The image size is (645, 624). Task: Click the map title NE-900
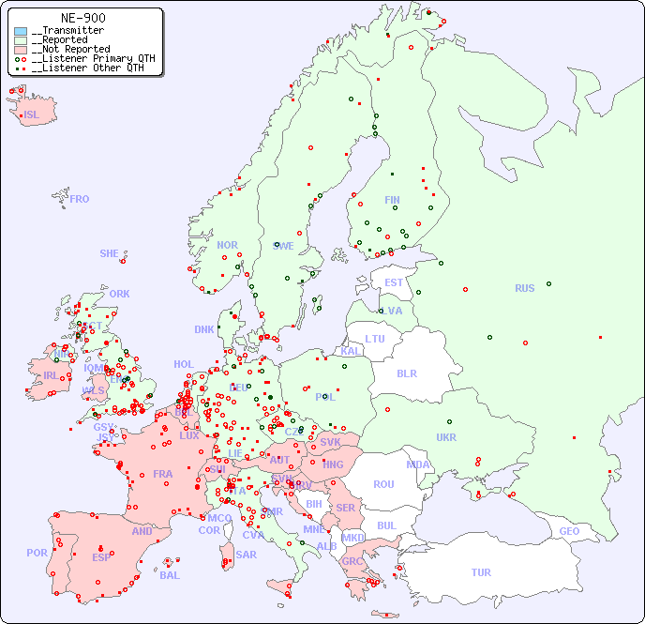(x=82, y=18)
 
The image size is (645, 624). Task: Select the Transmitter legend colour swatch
(x=21, y=31)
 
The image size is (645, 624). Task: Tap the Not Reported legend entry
(x=70, y=49)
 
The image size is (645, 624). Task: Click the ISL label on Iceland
(x=32, y=115)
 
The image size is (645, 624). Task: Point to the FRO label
(x=80, y=199)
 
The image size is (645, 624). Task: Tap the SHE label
(x=110, y=253)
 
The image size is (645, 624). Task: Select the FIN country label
(x=392, y=200)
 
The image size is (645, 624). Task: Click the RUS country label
(x=524, y=288)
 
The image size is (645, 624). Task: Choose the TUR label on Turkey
(x=481, y=572)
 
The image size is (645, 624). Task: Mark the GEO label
(x=569, y=531)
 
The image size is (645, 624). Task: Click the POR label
(x=37, y=553)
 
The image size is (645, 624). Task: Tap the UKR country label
(x=446, y=437)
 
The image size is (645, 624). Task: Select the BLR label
(x=407, y=373)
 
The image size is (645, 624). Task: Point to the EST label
(x=394, y=282)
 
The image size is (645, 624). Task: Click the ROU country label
(x=383, y=484)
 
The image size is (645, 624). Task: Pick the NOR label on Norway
(x=227, y=245)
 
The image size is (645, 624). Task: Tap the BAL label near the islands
(x=170, y=575)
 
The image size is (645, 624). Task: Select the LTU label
(x=375, y=339)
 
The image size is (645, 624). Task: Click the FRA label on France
(x=163, y=474)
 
